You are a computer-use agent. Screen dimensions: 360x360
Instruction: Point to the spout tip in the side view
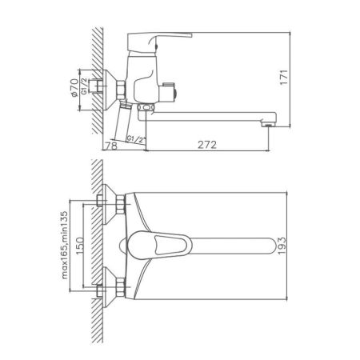tap(273, 120)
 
